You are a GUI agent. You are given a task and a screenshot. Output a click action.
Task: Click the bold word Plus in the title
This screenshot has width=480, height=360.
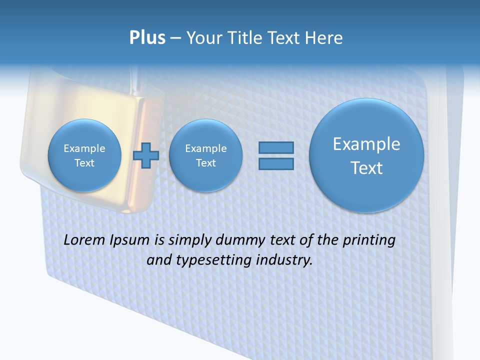(147, 38)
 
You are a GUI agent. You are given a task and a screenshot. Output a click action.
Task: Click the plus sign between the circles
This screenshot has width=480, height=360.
(146, 155)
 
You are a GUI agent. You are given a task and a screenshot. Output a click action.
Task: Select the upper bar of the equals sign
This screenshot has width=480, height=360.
(276, 147)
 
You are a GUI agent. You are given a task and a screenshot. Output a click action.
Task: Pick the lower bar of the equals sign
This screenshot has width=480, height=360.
(276, 164)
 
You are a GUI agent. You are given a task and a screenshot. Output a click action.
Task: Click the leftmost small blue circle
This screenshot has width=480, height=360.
(84, 155)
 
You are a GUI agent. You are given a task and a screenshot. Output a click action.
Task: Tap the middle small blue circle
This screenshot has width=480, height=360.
(205, 155)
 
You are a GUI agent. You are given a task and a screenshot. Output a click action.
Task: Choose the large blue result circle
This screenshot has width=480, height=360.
(366, 155)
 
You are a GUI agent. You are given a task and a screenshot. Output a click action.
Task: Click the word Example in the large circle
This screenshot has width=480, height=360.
(366, 144)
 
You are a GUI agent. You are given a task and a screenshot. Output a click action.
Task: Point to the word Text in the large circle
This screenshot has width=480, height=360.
(366, 168)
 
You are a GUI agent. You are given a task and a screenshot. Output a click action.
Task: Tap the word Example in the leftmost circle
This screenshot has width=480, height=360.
(84, 148)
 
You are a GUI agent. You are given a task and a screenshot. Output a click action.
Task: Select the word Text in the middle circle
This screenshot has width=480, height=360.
(205, 163)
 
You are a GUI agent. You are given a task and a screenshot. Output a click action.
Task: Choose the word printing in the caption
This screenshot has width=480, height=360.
(368, 240)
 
